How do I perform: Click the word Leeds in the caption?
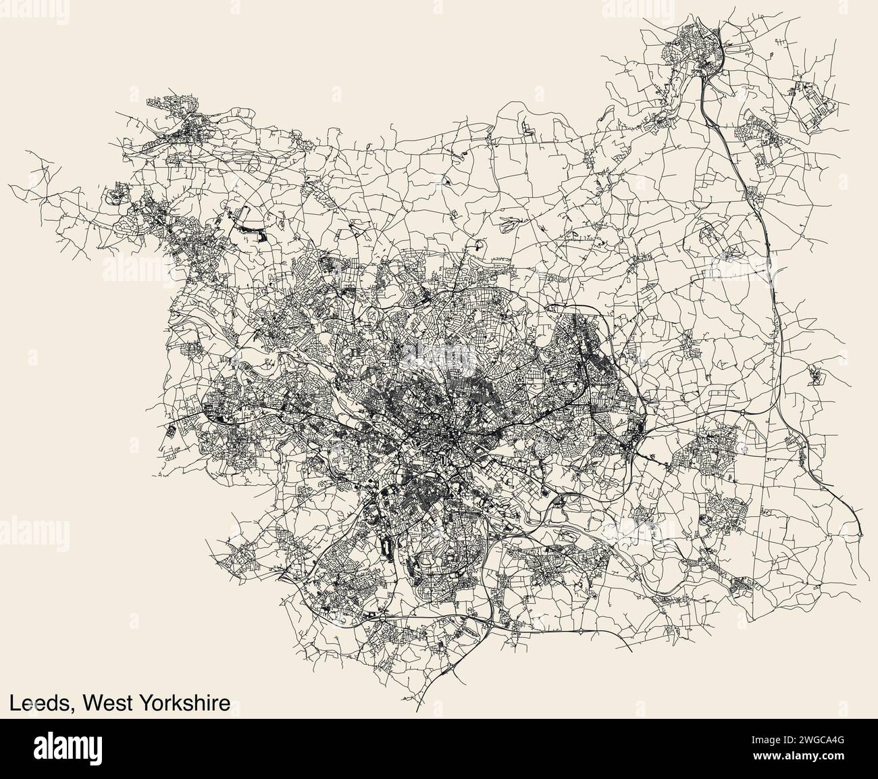coord(39,703)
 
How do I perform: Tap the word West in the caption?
coord(107,703)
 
